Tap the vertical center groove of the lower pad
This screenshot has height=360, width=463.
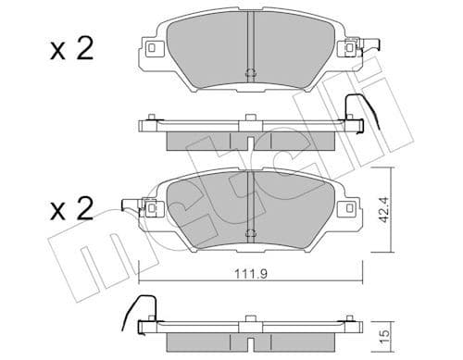(x=250, y=199)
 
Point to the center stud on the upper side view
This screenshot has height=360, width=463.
(x=250, y=118)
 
